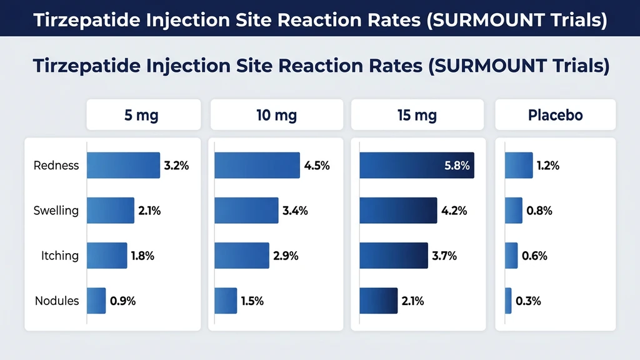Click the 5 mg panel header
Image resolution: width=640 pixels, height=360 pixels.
click(x=143, y=115)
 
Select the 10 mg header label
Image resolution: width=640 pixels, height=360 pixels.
click(x=276, y=115)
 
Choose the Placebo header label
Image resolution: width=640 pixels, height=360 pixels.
click(x=555, y=115)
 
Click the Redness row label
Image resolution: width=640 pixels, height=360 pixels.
click(x=56, y=166)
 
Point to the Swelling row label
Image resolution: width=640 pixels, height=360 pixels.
click(x=56, y=211)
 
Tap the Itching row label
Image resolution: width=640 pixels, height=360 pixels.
click(x=60, y=256)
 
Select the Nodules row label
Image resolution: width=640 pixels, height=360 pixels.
click(x=57, y=301)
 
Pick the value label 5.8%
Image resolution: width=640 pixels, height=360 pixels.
click(x=456, y=166)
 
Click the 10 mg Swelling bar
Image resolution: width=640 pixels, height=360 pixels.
click(x=246, y=211)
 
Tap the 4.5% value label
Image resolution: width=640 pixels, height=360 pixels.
click(x=317, y=166)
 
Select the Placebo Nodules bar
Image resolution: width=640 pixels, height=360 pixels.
click(x=508, y=301)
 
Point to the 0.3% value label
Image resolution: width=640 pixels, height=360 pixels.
click(x=529, y=301)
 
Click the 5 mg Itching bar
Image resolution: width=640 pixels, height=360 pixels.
click(x=107, y=256)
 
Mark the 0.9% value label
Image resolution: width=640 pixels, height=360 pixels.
click(x=122, y=301)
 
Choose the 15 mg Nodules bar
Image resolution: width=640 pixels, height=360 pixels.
click(x=379, y=301)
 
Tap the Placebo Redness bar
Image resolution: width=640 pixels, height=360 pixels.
click(x=519, y=166)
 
